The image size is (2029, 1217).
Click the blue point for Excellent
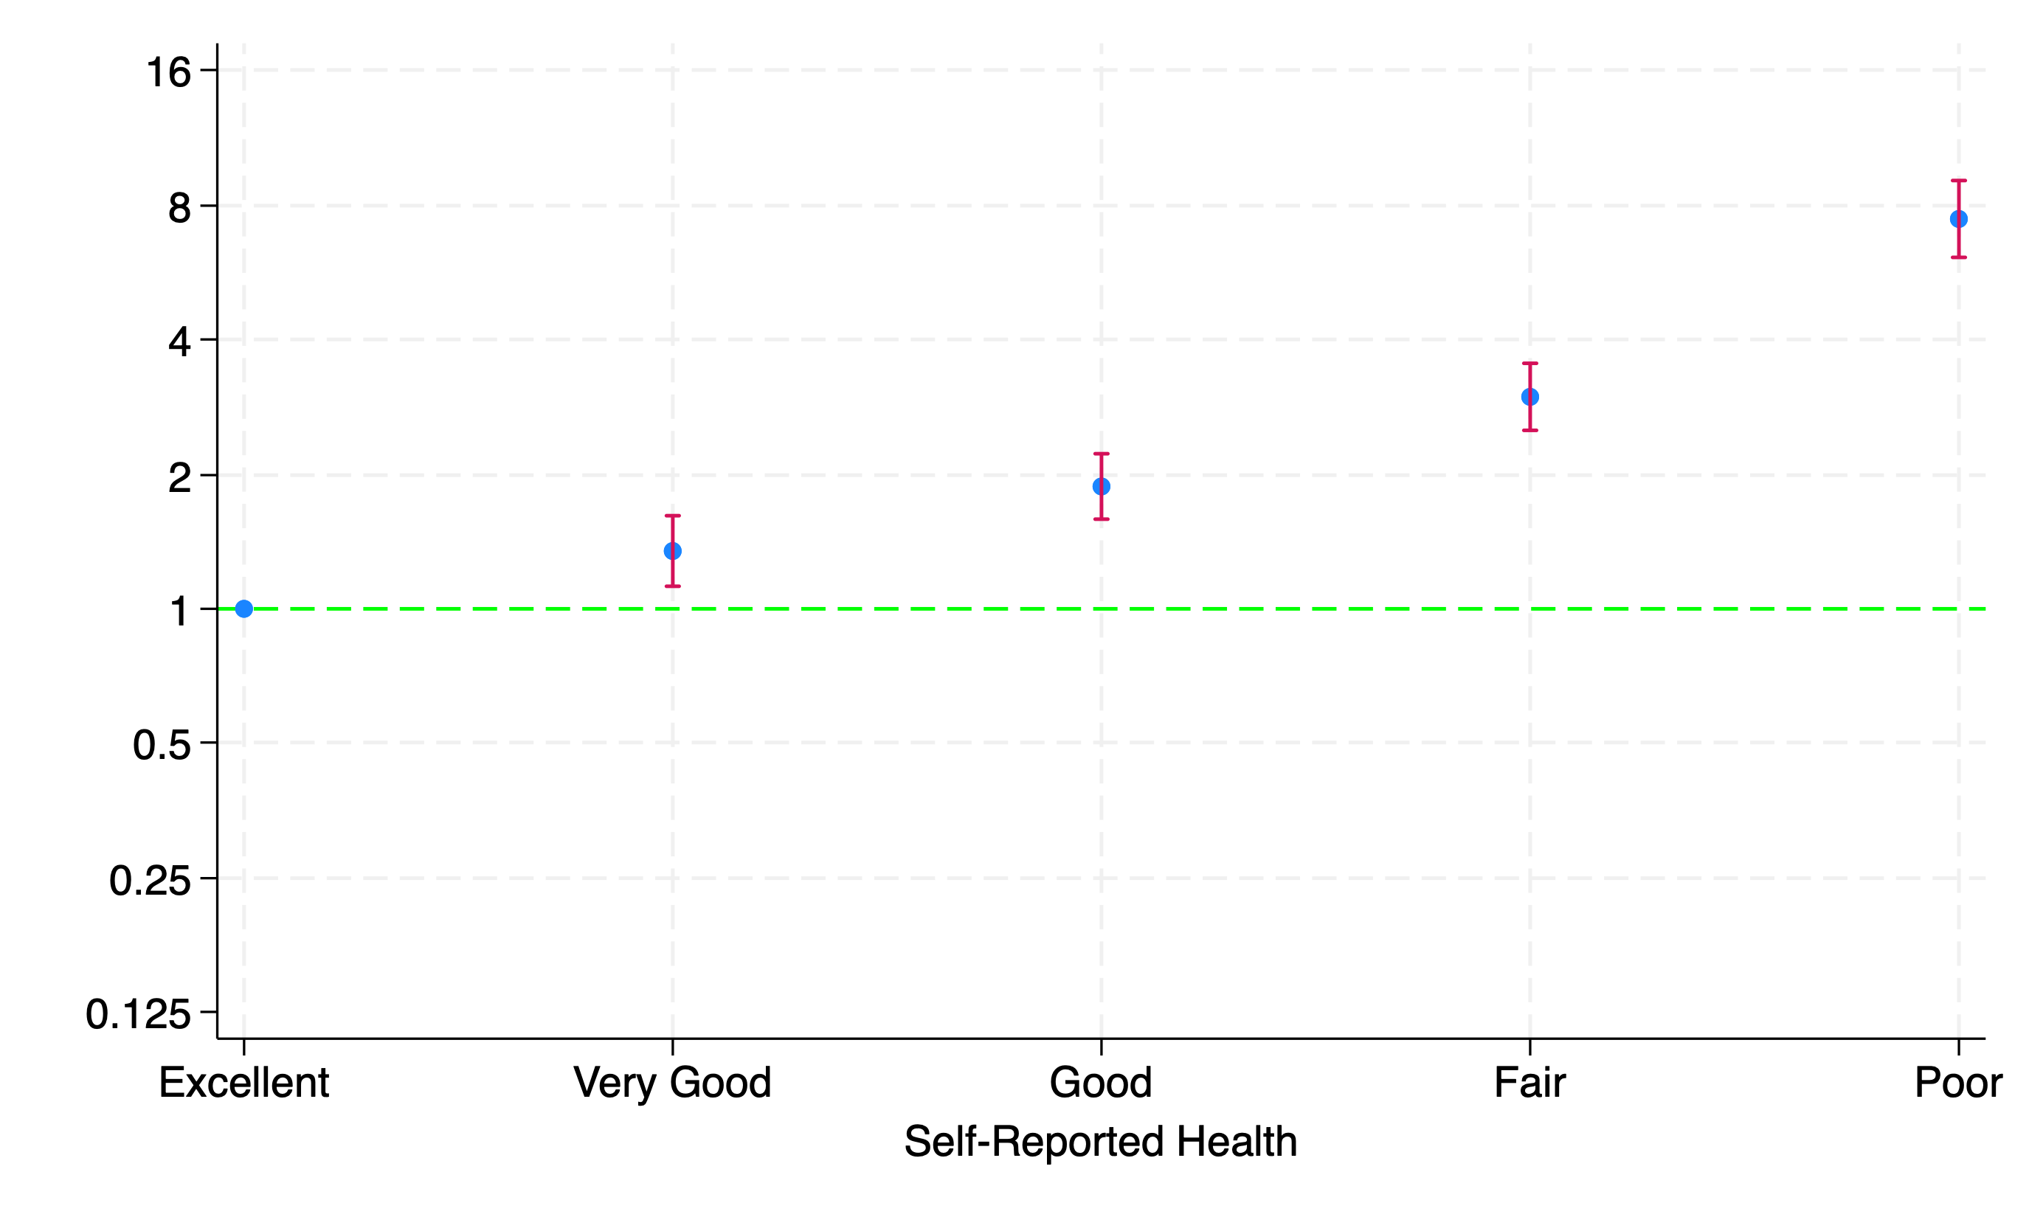(x=243, y=608)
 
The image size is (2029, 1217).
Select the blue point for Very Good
(x=672, y=551)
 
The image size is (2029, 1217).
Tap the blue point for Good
(x=1102, y=486)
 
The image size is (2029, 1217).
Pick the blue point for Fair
(x=1530, y=397)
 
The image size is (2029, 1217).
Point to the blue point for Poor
(x=1958, y=219)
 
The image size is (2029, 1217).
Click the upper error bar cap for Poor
(x=1958, y=181)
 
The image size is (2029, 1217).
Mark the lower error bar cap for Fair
(x=1530, y=431)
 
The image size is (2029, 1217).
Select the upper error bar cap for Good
(x=1102, y=454)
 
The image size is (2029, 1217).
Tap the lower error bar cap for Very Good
(x=672, y=586)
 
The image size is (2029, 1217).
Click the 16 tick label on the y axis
(x=168, y=72)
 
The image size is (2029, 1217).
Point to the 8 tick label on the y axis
(x=179, y=207)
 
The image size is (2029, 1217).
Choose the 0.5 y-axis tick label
(x=162, y=745)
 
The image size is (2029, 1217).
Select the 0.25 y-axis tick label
(x=150, y=881)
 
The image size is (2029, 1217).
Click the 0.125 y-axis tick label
(x=139, y=1014)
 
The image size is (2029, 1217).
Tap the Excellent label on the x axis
(x=243, y=1083)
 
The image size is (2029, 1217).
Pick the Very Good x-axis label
(x=672, y=1083)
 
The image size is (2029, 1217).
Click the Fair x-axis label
(x=1530, y=1083)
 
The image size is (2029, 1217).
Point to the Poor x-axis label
(x=1958, y=1083)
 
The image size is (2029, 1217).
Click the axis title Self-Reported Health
(x=1101, y=1142)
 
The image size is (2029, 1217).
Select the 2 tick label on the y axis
(x=179, y=477)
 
